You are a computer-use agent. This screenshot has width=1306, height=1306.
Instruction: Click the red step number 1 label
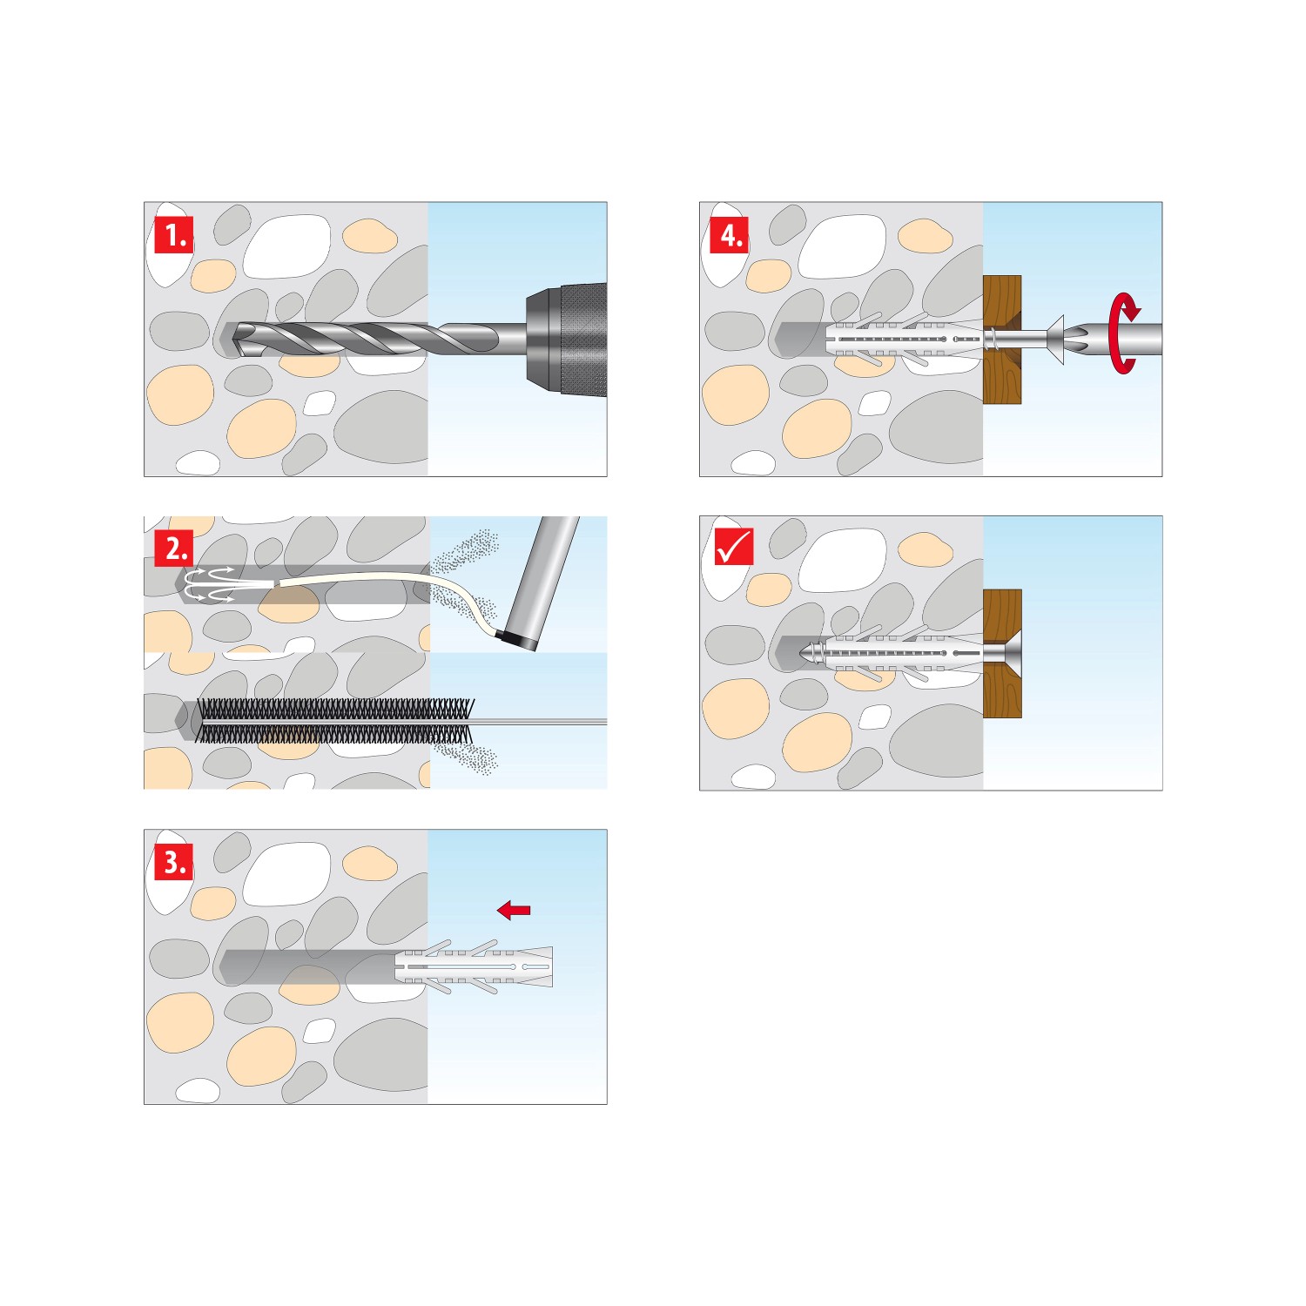[x=174, y=235]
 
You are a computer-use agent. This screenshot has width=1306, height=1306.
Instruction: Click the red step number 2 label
[x=174, y=549]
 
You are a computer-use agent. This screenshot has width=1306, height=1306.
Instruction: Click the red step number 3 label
[x=174, y=862]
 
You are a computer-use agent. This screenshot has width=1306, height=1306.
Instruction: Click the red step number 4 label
[x=730, y=235]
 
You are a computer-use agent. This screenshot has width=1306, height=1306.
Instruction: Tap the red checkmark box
[x=733, y=548]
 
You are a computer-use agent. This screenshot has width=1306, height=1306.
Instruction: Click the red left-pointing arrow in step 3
[x=514, y=910]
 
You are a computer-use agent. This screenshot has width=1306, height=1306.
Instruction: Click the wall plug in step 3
[x=475, y=966]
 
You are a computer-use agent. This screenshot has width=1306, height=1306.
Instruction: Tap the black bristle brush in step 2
[x=335, y=721]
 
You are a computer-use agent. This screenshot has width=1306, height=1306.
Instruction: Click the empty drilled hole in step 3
[x=305, y=966]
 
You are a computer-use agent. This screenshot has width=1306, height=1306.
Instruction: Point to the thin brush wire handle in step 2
[x=540, y=722]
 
